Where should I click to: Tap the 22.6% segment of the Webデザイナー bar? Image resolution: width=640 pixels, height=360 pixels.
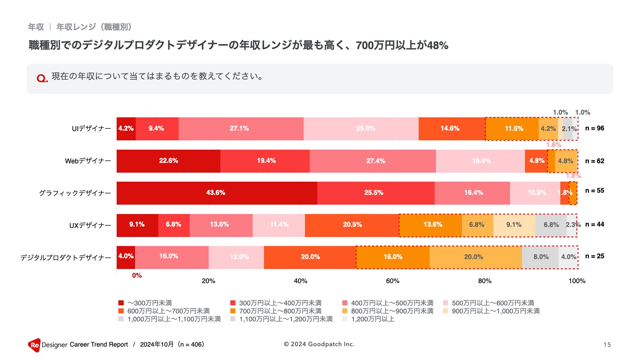click(168, 161)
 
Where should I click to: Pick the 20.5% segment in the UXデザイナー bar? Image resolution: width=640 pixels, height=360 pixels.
click(352, 225)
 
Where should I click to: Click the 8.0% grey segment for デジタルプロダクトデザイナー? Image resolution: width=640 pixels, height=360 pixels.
click(540, 257)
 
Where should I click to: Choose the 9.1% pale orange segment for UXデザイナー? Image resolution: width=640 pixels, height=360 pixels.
click(514, 225)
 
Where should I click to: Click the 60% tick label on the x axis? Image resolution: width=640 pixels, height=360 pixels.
click(393, 281)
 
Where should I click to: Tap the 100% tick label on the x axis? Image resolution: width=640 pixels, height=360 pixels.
click(577, 281)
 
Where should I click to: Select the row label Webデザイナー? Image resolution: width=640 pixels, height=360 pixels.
click(88, 161)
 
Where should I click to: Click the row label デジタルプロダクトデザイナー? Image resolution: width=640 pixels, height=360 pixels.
click(66, 258)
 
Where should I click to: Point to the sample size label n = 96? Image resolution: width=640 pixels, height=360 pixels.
click(595, 128)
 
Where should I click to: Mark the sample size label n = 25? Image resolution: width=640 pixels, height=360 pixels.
click(595, 256)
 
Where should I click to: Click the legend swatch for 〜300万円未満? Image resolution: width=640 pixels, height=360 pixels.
click(121, 303)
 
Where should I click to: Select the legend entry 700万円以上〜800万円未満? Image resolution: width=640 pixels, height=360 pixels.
click(280, 311)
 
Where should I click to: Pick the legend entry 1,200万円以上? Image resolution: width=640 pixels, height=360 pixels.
click(373, 319)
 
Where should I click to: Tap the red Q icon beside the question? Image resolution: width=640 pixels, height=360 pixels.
click(42, 78)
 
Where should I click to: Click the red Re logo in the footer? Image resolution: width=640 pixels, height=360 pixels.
click(34, 345)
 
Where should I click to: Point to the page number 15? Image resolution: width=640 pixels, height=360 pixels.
click(607, 345)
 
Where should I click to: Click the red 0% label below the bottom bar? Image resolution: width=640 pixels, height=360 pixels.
click(137, 276)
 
